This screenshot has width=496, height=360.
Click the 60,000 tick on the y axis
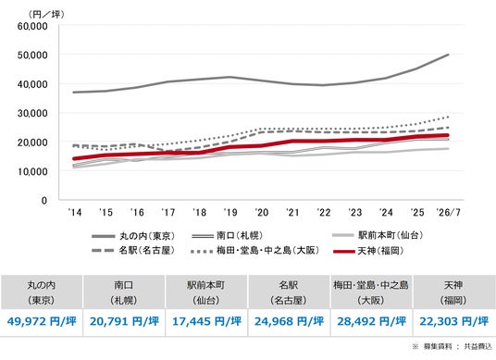32,26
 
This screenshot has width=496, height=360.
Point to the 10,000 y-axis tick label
32,171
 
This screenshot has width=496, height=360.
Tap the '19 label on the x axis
230,212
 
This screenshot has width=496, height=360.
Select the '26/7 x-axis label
448,212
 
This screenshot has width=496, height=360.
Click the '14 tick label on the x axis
75,212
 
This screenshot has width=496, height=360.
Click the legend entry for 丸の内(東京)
133,236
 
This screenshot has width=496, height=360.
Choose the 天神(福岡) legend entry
369,251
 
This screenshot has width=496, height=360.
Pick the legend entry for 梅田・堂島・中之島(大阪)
255,251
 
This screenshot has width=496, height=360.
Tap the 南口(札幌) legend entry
227,236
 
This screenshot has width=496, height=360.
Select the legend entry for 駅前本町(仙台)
378,235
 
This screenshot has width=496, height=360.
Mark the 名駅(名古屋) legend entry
133,251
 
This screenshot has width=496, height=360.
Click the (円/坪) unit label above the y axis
46,14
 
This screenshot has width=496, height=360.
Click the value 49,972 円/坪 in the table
42,321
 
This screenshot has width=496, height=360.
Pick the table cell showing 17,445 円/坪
206,321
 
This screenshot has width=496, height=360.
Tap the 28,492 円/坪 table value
371,321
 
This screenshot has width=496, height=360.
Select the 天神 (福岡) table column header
453,292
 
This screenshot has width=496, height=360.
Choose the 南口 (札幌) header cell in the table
124,292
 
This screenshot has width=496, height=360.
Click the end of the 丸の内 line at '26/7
448,55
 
